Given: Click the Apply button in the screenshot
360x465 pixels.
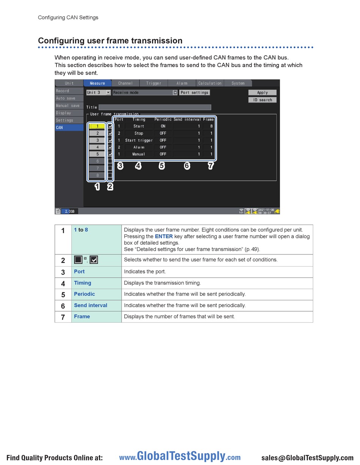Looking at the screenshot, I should click(x=262, y=92).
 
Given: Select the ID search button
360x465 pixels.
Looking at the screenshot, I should click(x=262, y=100).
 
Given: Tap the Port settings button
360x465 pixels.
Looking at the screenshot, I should click(x=194, y=92).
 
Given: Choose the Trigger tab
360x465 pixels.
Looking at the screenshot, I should click(x=153, y=83).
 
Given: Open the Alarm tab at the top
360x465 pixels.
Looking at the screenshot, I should click(x=182, y=83).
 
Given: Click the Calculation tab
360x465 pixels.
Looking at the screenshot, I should click(x=210, y=83).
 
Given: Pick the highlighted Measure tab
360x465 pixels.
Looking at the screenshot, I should click(x=97, y=83).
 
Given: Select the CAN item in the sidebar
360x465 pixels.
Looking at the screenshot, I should click(x=69, y=128).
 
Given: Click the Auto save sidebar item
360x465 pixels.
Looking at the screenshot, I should click(x=69, y=98).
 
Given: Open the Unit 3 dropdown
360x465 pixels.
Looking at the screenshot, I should click(x=98, y=92).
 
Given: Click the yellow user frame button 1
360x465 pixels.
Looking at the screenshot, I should click(x=97, y=126).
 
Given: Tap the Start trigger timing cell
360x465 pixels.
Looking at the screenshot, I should click(x=139, y=140).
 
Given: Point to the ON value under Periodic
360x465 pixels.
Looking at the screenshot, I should click(x=163, y=126).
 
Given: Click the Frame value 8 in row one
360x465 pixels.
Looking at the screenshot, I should click(x=211, y=126).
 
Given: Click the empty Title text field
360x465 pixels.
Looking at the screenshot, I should click(x=155, y=107).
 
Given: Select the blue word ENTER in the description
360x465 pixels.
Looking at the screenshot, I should click(x=164, y=236).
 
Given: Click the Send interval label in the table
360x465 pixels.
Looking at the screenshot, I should click(x=91, y=305).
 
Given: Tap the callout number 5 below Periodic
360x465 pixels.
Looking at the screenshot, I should click(x=162, y=166).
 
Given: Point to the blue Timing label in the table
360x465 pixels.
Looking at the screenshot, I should click(x=83, y=283).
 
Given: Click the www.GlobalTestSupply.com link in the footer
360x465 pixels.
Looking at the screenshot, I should click(x=180, y=457).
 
